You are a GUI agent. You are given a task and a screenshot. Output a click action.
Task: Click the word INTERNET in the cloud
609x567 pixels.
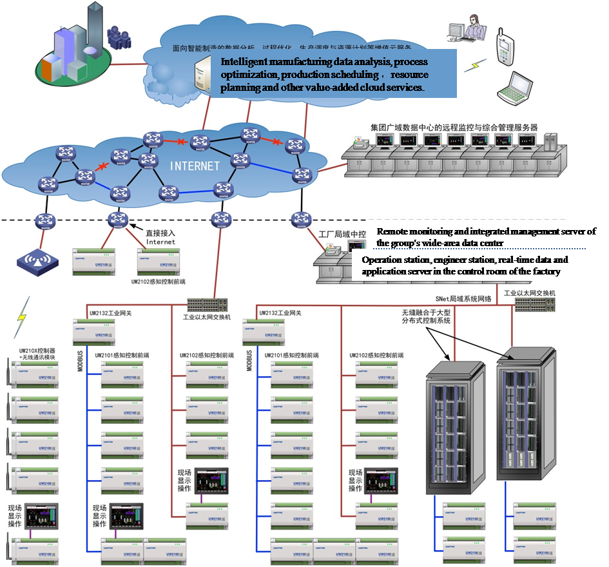point(195,166)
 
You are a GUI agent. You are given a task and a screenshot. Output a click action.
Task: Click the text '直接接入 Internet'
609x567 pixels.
point(160,238)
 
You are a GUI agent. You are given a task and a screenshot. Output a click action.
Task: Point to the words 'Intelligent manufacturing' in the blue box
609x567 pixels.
point(266,62)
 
